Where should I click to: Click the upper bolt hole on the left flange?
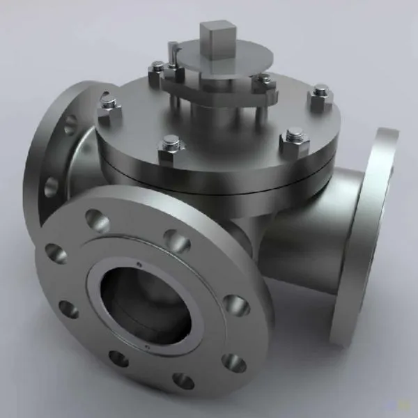pyautogui.click(x=70, y=125)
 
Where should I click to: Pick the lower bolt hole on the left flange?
pyautogui.click(x=51, y=187)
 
